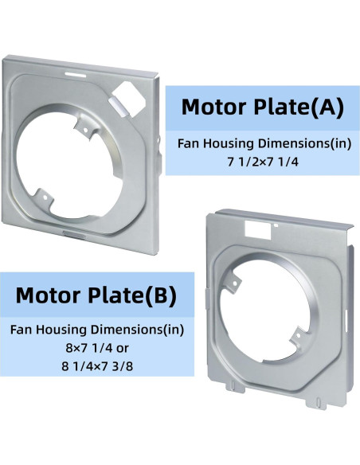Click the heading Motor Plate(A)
click(x=262, y=107)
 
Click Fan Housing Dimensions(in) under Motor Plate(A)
click(x=262, y=143)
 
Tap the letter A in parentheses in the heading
click(x=328, y=107)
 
